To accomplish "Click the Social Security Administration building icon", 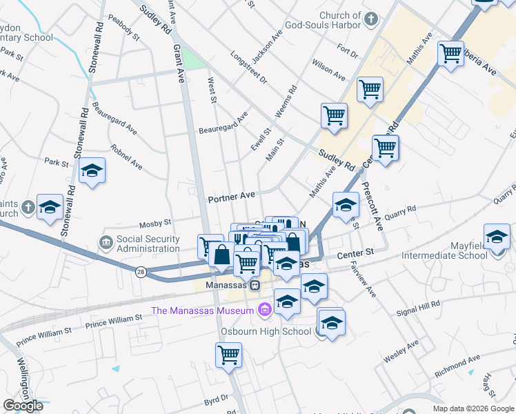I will tap(106, 242).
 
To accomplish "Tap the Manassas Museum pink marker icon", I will tap(263, 310).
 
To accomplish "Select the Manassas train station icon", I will tap(255, 284).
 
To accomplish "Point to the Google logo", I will tap(23, 405).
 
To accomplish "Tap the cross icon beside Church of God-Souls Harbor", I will tap(371, 19).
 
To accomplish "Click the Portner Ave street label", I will tap(231, 197).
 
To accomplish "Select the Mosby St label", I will tap(155, 223).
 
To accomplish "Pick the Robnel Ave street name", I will tap(127, 157).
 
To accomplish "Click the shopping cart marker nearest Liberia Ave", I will tap(450, 52).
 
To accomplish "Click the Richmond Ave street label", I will tap(457, 367).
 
